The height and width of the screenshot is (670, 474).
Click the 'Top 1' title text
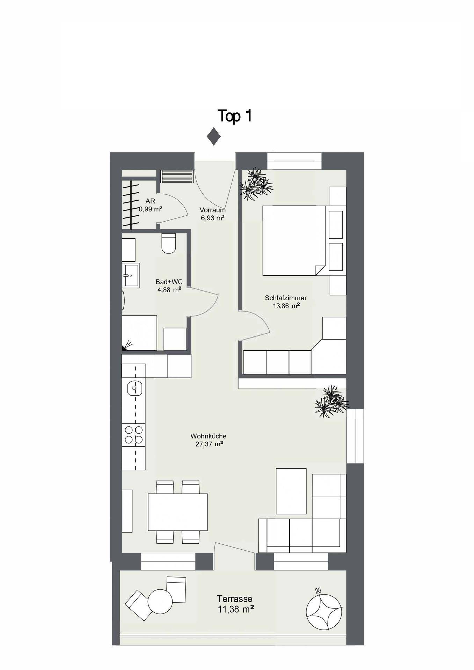pos(234,116)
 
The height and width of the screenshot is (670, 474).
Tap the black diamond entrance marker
pos(213,136)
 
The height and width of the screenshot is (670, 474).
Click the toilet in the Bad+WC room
pos(169,243)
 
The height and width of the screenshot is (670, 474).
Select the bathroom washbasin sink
pos(131,275)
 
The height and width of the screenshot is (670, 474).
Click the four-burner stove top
pos(133,435)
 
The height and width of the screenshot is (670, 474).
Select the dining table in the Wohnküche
pos(178,512)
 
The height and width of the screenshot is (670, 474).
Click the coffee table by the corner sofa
pos(291,491)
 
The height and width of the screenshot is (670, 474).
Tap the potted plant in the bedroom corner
pos(256,184)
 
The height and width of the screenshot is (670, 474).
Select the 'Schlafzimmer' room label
pos(286,298)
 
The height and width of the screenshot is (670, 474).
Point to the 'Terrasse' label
pos(235,599)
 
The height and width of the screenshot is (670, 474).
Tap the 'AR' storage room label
pos(151,201)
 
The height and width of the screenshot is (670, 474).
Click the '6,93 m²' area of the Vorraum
pos(212,218)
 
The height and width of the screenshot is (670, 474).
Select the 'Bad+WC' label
pos(169,282)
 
